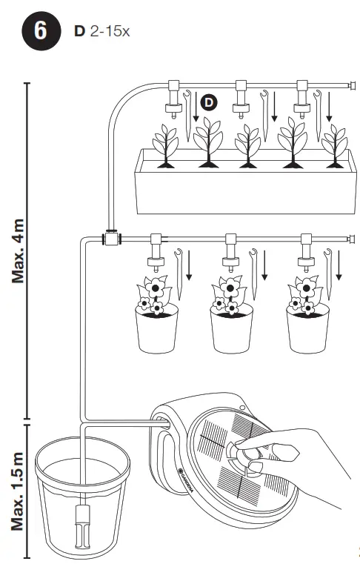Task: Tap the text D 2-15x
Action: click(x=102, y=33)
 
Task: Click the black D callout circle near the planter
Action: click(x=209, y=102)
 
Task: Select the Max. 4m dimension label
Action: click(x=20, y=252)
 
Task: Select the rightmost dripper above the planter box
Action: click(x=302, y=100)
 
